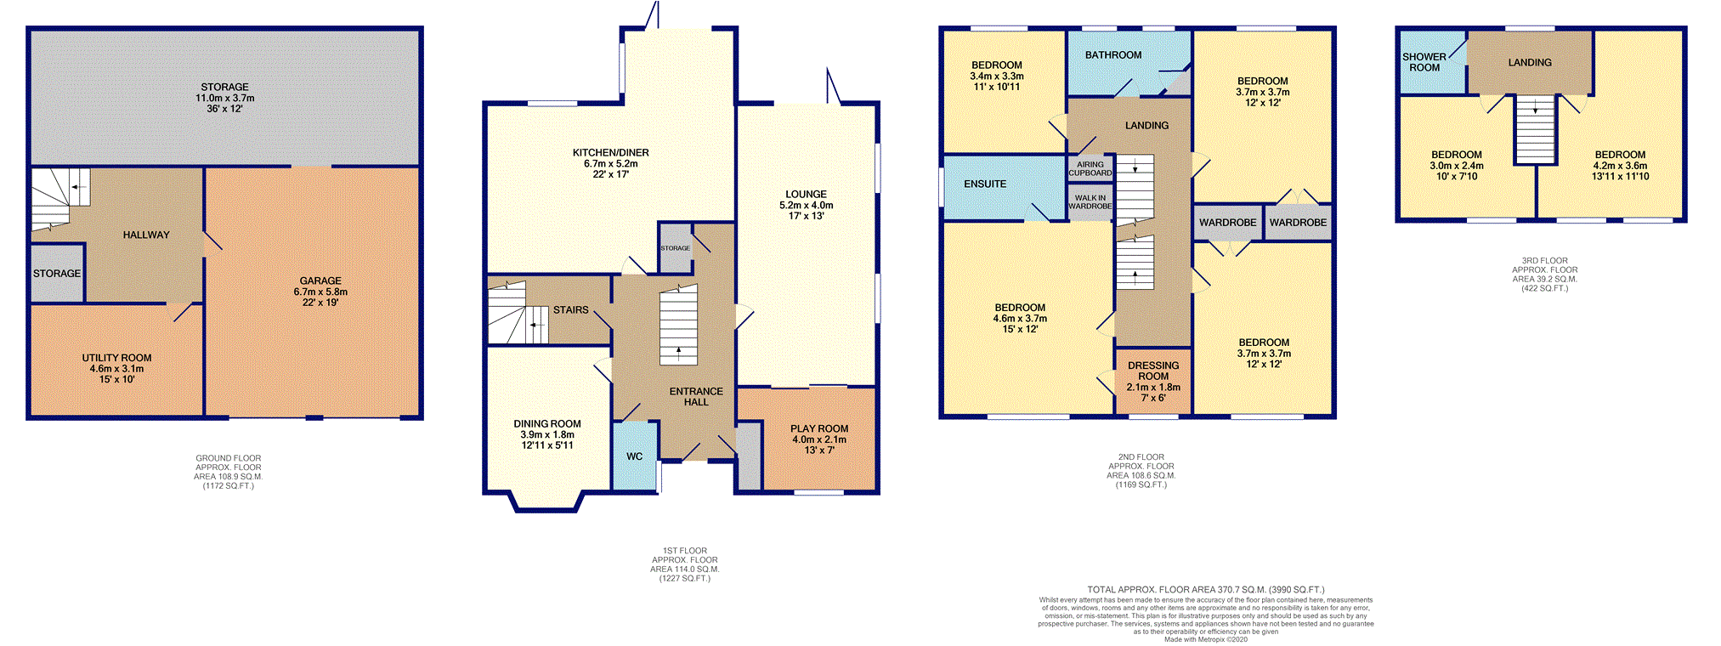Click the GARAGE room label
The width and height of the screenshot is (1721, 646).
[320, 280]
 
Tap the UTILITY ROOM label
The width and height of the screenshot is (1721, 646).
[116, 358]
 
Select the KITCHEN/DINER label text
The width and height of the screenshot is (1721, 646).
[610, 153]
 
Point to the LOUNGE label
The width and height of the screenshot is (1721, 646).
[806, 194]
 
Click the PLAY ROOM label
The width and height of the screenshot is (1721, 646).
[819, 428]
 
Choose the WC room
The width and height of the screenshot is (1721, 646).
[635, 456]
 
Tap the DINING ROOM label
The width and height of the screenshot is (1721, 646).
[547, 423]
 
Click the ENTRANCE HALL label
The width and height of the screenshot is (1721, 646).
[696, 397]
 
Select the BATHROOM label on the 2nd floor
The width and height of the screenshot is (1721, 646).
[1113, 55]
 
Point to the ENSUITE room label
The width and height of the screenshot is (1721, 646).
[985, 184]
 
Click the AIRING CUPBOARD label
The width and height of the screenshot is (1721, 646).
[1090, 168]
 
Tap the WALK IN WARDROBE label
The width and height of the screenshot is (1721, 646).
[1090, 202]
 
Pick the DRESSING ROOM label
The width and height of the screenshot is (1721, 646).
[1153, 371]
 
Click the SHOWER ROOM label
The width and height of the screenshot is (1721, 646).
[1424, 62]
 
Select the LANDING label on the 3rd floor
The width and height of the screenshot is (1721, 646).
[1530, 63]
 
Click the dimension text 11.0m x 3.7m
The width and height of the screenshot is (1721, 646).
[225, 98]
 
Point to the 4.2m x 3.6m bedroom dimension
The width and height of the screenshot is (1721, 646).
[1620, 166]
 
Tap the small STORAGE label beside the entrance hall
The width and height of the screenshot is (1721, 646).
[676, 248]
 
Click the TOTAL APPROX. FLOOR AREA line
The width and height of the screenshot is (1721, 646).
[1206, 589]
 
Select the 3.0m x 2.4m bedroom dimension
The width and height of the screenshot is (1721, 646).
[1457, 166]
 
